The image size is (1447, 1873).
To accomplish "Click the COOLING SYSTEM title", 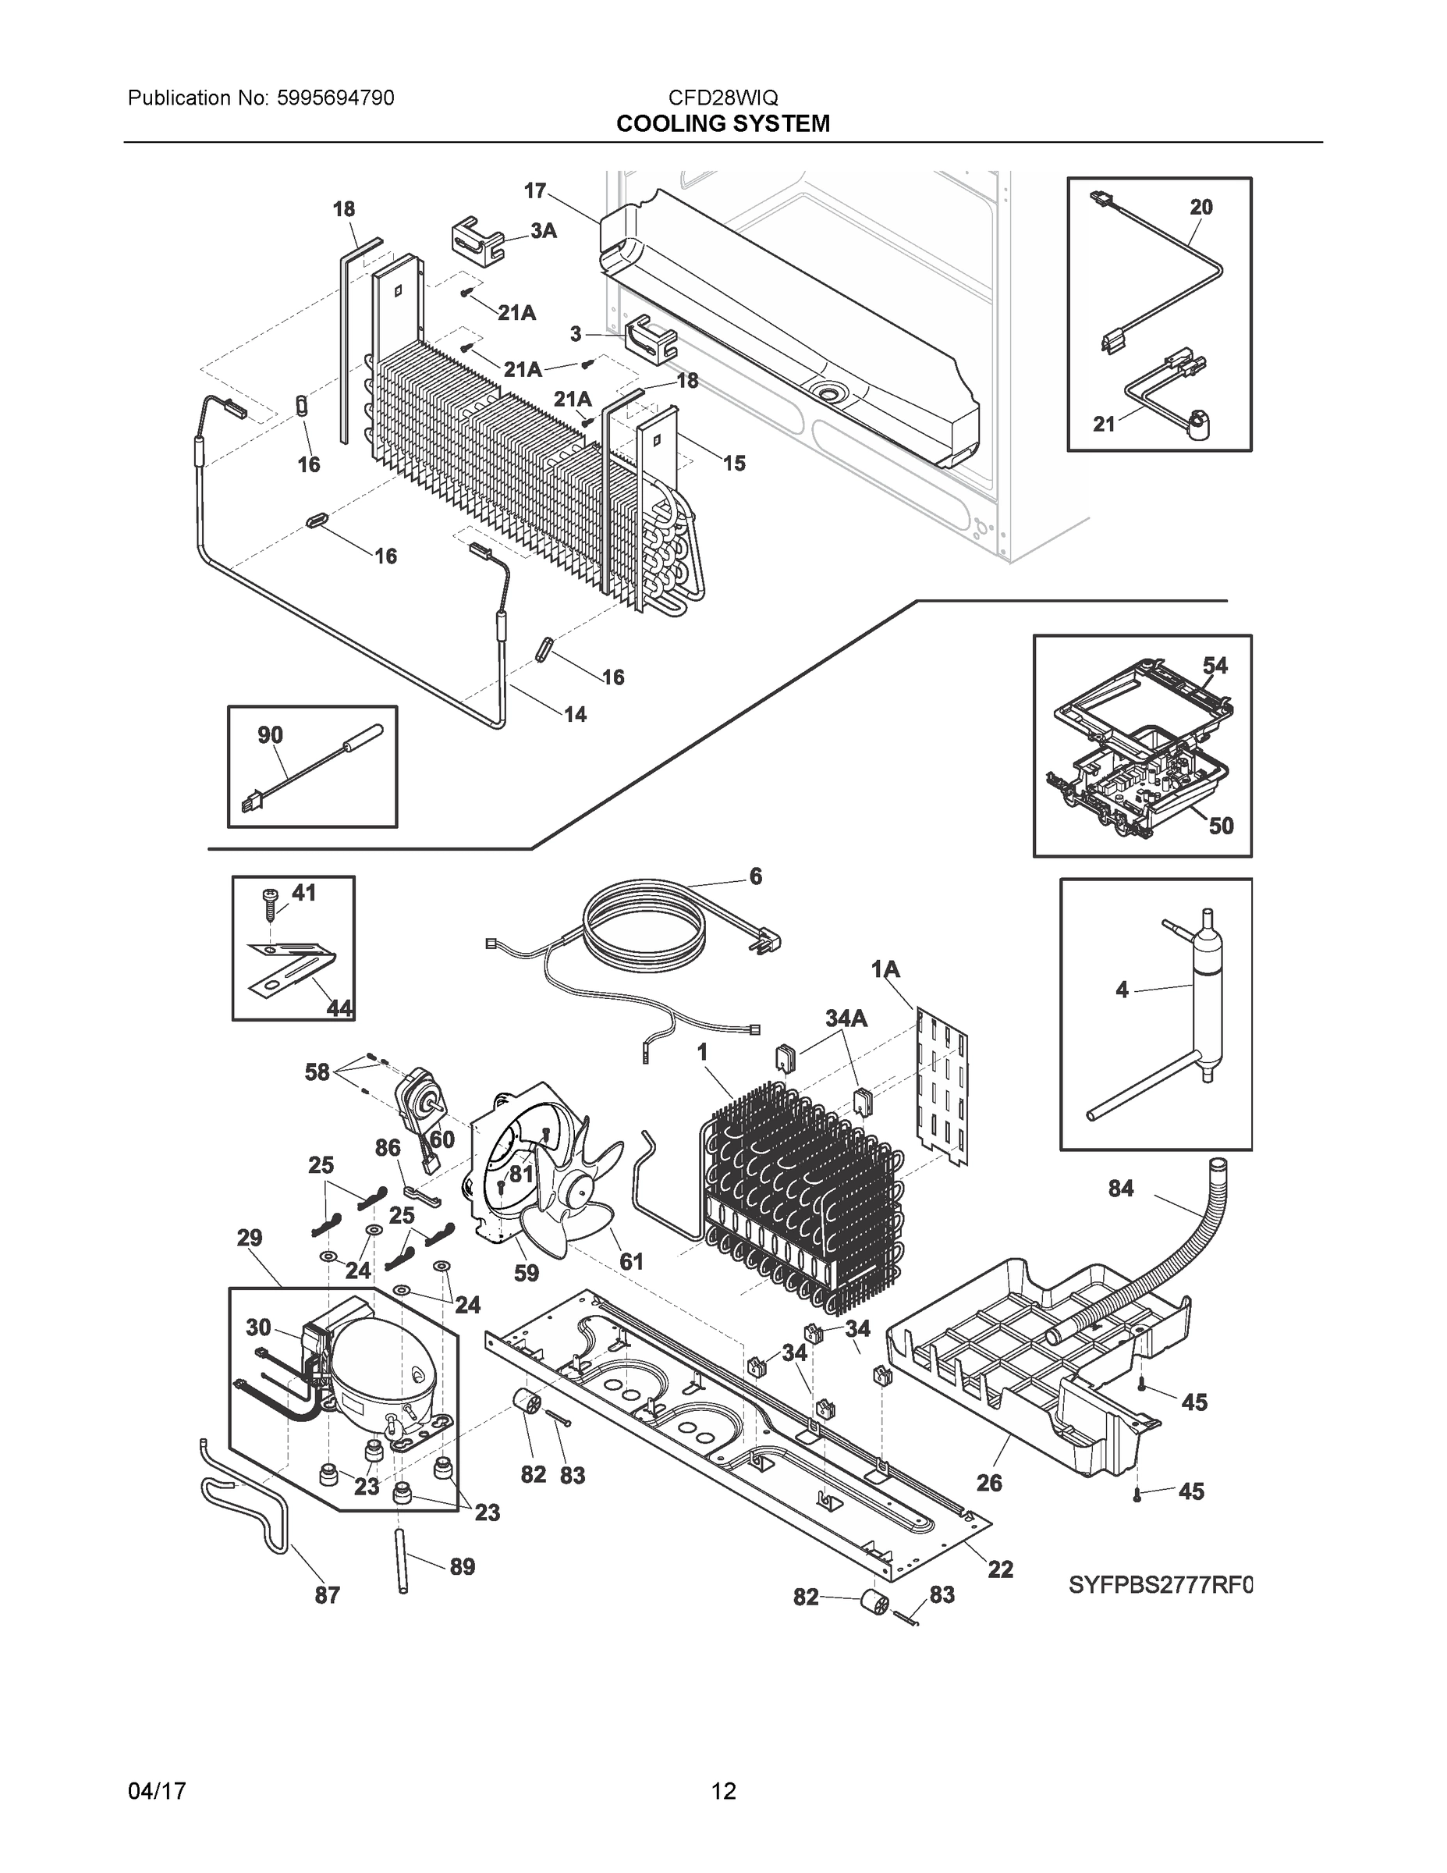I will point(722,123).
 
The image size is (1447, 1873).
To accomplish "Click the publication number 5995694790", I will point(335,98).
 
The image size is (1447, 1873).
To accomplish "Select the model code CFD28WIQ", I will point(722,98).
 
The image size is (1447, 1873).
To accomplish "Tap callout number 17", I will point(535,190).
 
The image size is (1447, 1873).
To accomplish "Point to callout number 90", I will point(270,735).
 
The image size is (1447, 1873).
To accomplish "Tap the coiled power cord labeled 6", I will point(643,922).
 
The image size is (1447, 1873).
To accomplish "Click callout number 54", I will point(1214,666).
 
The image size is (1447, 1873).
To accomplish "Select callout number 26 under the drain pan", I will point(988,1483).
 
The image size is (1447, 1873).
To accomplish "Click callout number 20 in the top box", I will point(1201,207).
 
